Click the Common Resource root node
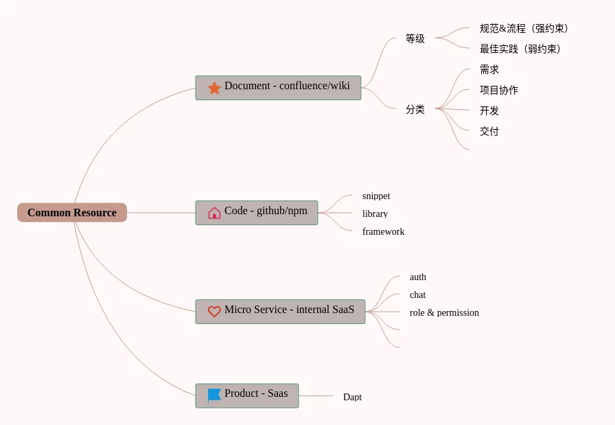pos(72,213)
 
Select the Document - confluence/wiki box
pos(278,87)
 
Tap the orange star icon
pos(214,88)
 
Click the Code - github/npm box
pos(257,212)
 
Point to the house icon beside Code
pos(214,213)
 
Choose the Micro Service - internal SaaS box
pos(280,311)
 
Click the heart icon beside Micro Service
pos(214,312)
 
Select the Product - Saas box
pos(247,395)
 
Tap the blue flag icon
pos(214,395)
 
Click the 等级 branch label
pos(415,39)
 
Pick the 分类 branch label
pos(415,109)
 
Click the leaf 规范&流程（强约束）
pos(524,29)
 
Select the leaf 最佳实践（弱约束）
pos(520,49)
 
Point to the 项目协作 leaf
pos(499,91)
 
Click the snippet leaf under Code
pos(376,196)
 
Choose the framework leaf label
pos(383,232)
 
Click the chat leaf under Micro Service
pos(417,295)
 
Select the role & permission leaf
pos(444,313)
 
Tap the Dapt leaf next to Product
pos(352,398)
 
